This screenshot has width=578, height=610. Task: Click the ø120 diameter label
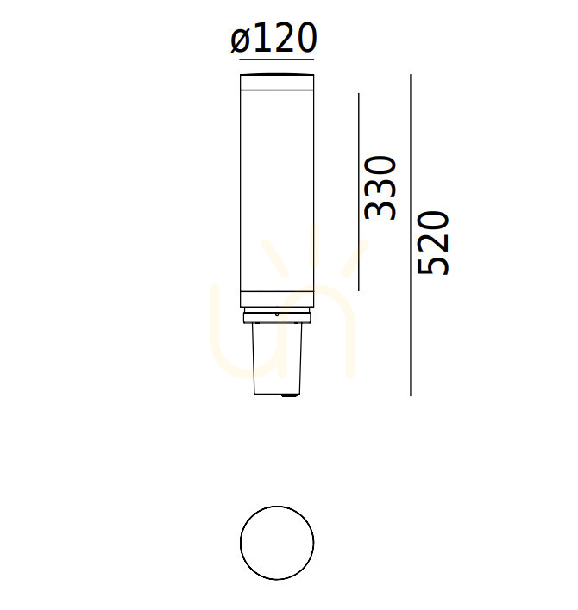tap(273, 38)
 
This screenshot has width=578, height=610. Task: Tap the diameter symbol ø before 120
tap(241, 40)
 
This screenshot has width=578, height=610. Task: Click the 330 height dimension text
tap(380, 188)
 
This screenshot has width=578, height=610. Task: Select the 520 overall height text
tap(433, 243)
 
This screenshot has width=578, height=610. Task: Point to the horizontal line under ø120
tap(277, 60)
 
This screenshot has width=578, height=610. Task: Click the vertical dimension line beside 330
tap(358, 192)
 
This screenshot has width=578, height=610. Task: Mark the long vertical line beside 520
tap(411, 235)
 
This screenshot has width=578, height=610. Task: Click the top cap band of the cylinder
tap(277, 82)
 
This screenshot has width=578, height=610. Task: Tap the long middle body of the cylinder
tap(277, 190)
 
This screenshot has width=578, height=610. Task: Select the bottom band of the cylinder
tap(277, 299)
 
